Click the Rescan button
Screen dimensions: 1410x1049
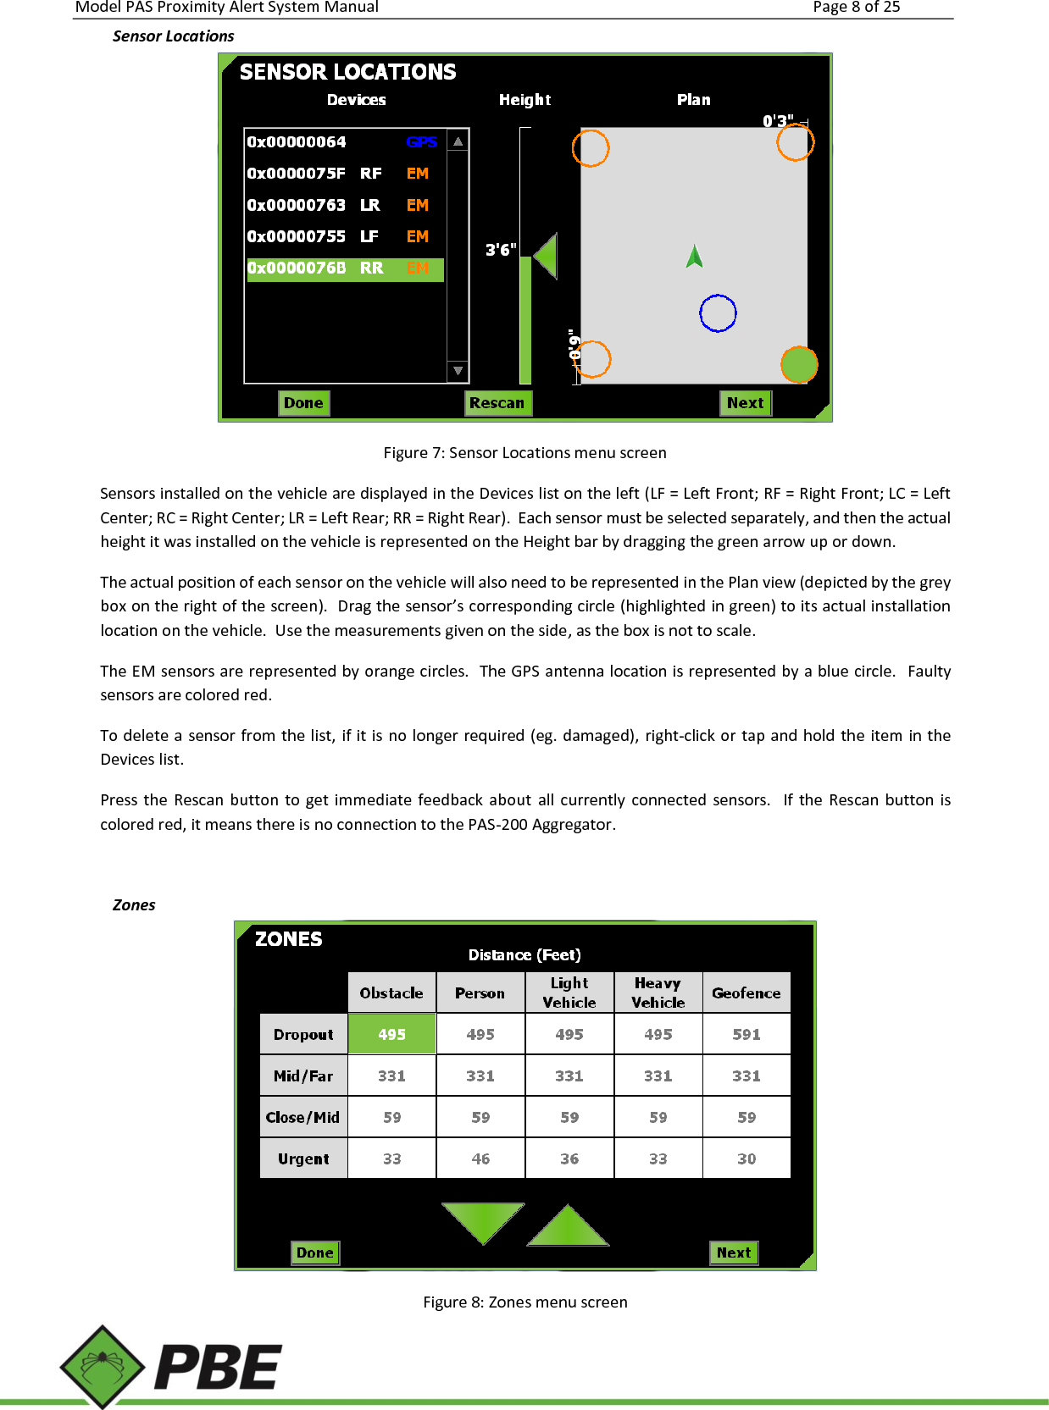[497, 403]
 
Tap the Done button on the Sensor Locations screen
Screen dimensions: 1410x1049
[303, 403]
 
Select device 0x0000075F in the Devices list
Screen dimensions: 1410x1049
[297, 174]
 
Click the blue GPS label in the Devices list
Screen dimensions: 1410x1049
[421, 142]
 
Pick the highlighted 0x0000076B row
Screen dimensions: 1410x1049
[344, 268]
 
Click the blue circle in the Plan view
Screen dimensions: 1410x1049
[718, 313]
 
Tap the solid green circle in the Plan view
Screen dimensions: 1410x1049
[798, 365]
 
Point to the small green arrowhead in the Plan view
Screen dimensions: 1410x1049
[695, 256]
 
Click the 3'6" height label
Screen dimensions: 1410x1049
[500, 250]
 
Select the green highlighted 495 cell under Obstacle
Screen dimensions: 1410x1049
[391, 1034]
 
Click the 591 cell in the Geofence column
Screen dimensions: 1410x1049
[747, 1034]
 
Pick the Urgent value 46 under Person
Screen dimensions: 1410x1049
[480, 1158]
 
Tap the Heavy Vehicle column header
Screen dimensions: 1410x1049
[658, 993]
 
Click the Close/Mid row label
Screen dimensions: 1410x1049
[302, 1117]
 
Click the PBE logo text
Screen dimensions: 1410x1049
[218, 1368]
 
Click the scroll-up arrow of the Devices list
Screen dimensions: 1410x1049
[458, 141]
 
